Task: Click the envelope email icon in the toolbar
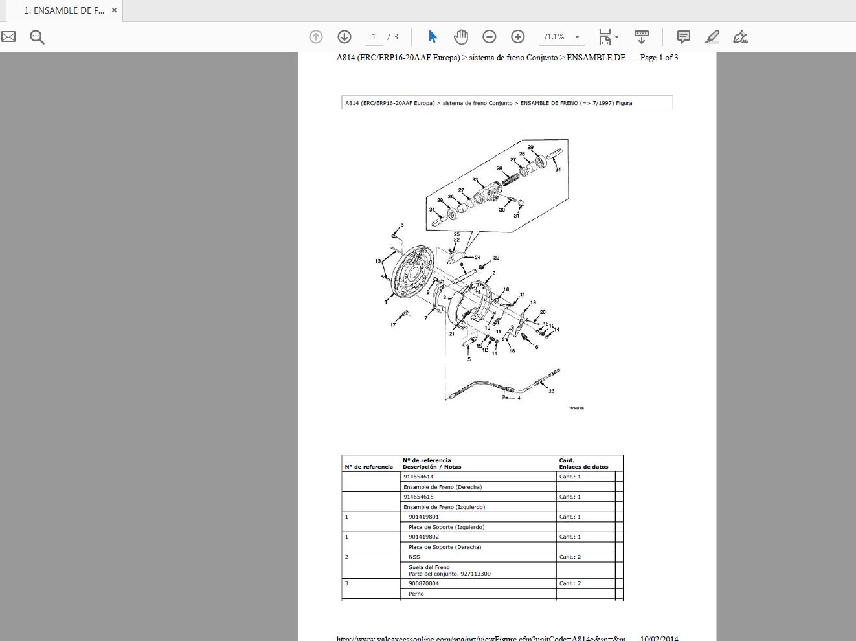point(8,37)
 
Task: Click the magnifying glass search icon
point(37,37)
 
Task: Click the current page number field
point(374,37)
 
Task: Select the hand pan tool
point(461,37)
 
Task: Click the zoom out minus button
point(490,37)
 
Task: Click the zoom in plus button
point(517,37)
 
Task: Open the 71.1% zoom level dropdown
point(577,37)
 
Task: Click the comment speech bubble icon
point(683,37)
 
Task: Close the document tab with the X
point(114,10)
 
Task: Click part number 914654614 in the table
point(418,477)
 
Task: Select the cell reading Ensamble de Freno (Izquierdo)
point(444,507)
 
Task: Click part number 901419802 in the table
point(423,537)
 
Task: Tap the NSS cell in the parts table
point(414,557)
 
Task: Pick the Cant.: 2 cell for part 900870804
point(570,583)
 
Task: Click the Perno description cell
point(416,594)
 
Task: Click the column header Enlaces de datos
point(583,467)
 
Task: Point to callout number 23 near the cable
point(552,391)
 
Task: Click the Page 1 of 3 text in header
point(659,58)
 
